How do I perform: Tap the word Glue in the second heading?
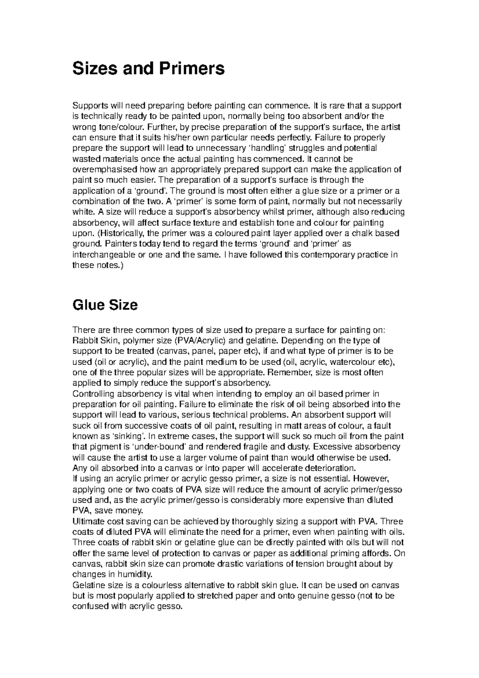[88, 305]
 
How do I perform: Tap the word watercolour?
[348, 362]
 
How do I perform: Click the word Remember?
[290, 373]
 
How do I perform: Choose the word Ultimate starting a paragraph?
[87, 521]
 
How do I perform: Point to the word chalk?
[356, 233]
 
